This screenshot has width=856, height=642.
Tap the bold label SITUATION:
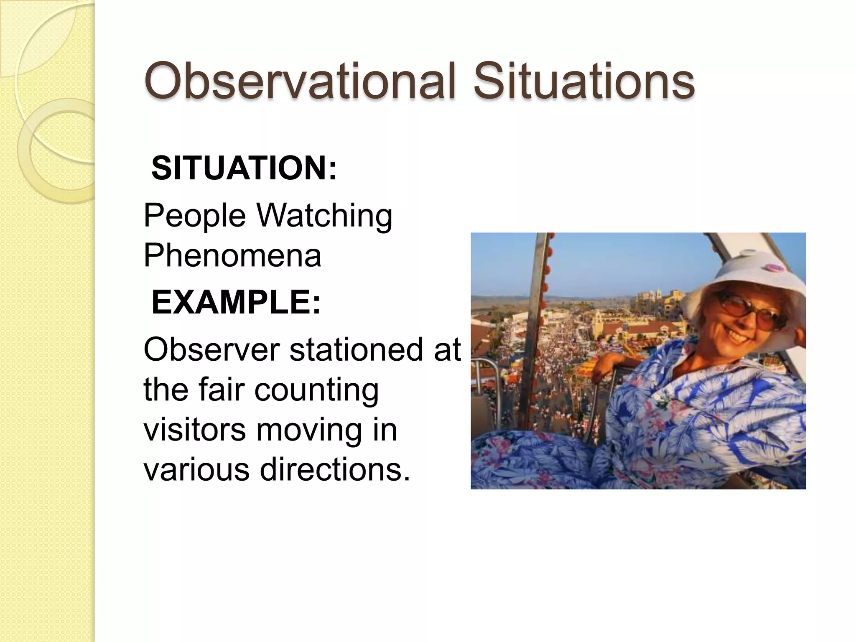pyautogui.click(x=244, y=168)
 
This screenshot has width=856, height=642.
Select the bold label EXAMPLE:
pyautogui.click(x=236, y=302)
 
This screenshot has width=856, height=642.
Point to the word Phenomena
pyautogui.click(x=232, y=255)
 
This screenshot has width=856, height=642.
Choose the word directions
pyautogui.click(x=335, y=469)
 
